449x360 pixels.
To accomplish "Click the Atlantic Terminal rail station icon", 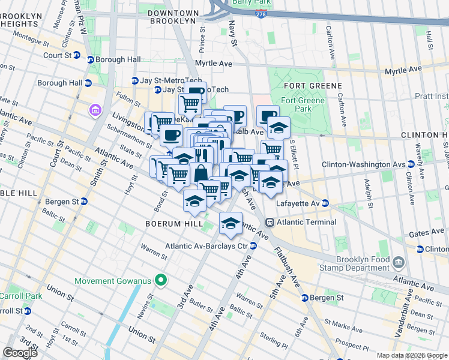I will point(270,222).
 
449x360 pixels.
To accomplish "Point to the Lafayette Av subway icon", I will point(325,203).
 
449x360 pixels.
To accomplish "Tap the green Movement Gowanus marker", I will point(160,280).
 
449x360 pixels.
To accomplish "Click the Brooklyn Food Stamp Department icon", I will point(398,262).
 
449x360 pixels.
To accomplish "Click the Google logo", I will point(20,353).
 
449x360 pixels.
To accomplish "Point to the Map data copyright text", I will point(411,355).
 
